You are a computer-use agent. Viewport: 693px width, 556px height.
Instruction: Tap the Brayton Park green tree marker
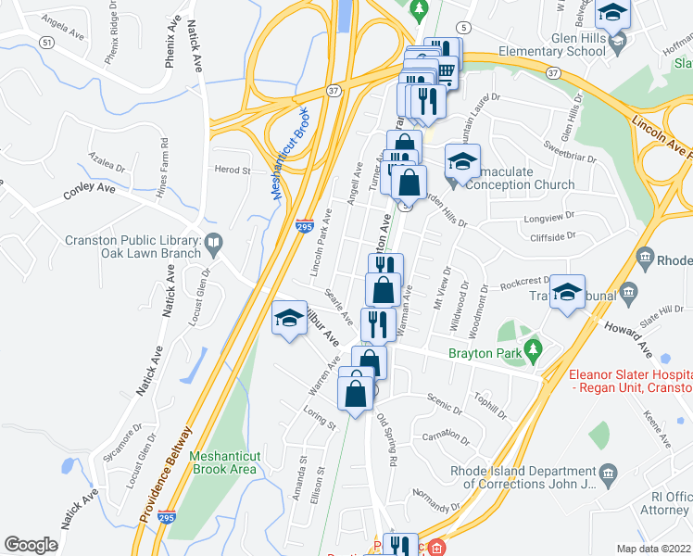click(x=532, y=349)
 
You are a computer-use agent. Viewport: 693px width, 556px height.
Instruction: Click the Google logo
click(x=31, y=545)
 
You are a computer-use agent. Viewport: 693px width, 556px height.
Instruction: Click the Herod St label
click(x=233, y=171)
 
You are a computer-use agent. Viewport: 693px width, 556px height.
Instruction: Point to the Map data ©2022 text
click(x=654, y=549)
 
